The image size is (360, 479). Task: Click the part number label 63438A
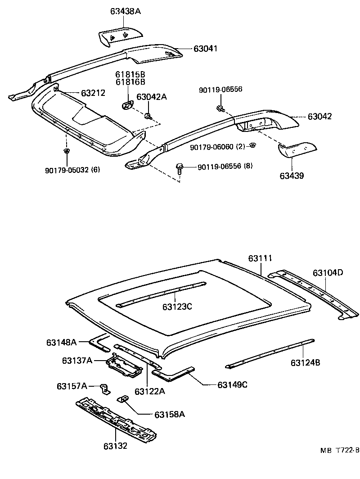point(125,11)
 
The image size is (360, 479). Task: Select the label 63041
point(206,48)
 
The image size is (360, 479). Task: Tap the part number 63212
point(93,93)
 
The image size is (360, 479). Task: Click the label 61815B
point(130,74)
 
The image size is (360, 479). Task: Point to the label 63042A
point(152,97)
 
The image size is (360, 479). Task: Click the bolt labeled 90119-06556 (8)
point(180,168)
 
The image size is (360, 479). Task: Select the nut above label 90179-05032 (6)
point(67,150)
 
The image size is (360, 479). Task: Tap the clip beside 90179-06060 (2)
point(253,145)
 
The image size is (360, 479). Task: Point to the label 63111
point(261,258)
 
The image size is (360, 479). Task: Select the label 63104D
point(328,273)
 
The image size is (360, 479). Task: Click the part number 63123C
point(177,307)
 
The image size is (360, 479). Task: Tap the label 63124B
point(305,362)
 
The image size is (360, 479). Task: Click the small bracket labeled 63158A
point(123,399)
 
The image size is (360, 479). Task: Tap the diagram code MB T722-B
point(340,450)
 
